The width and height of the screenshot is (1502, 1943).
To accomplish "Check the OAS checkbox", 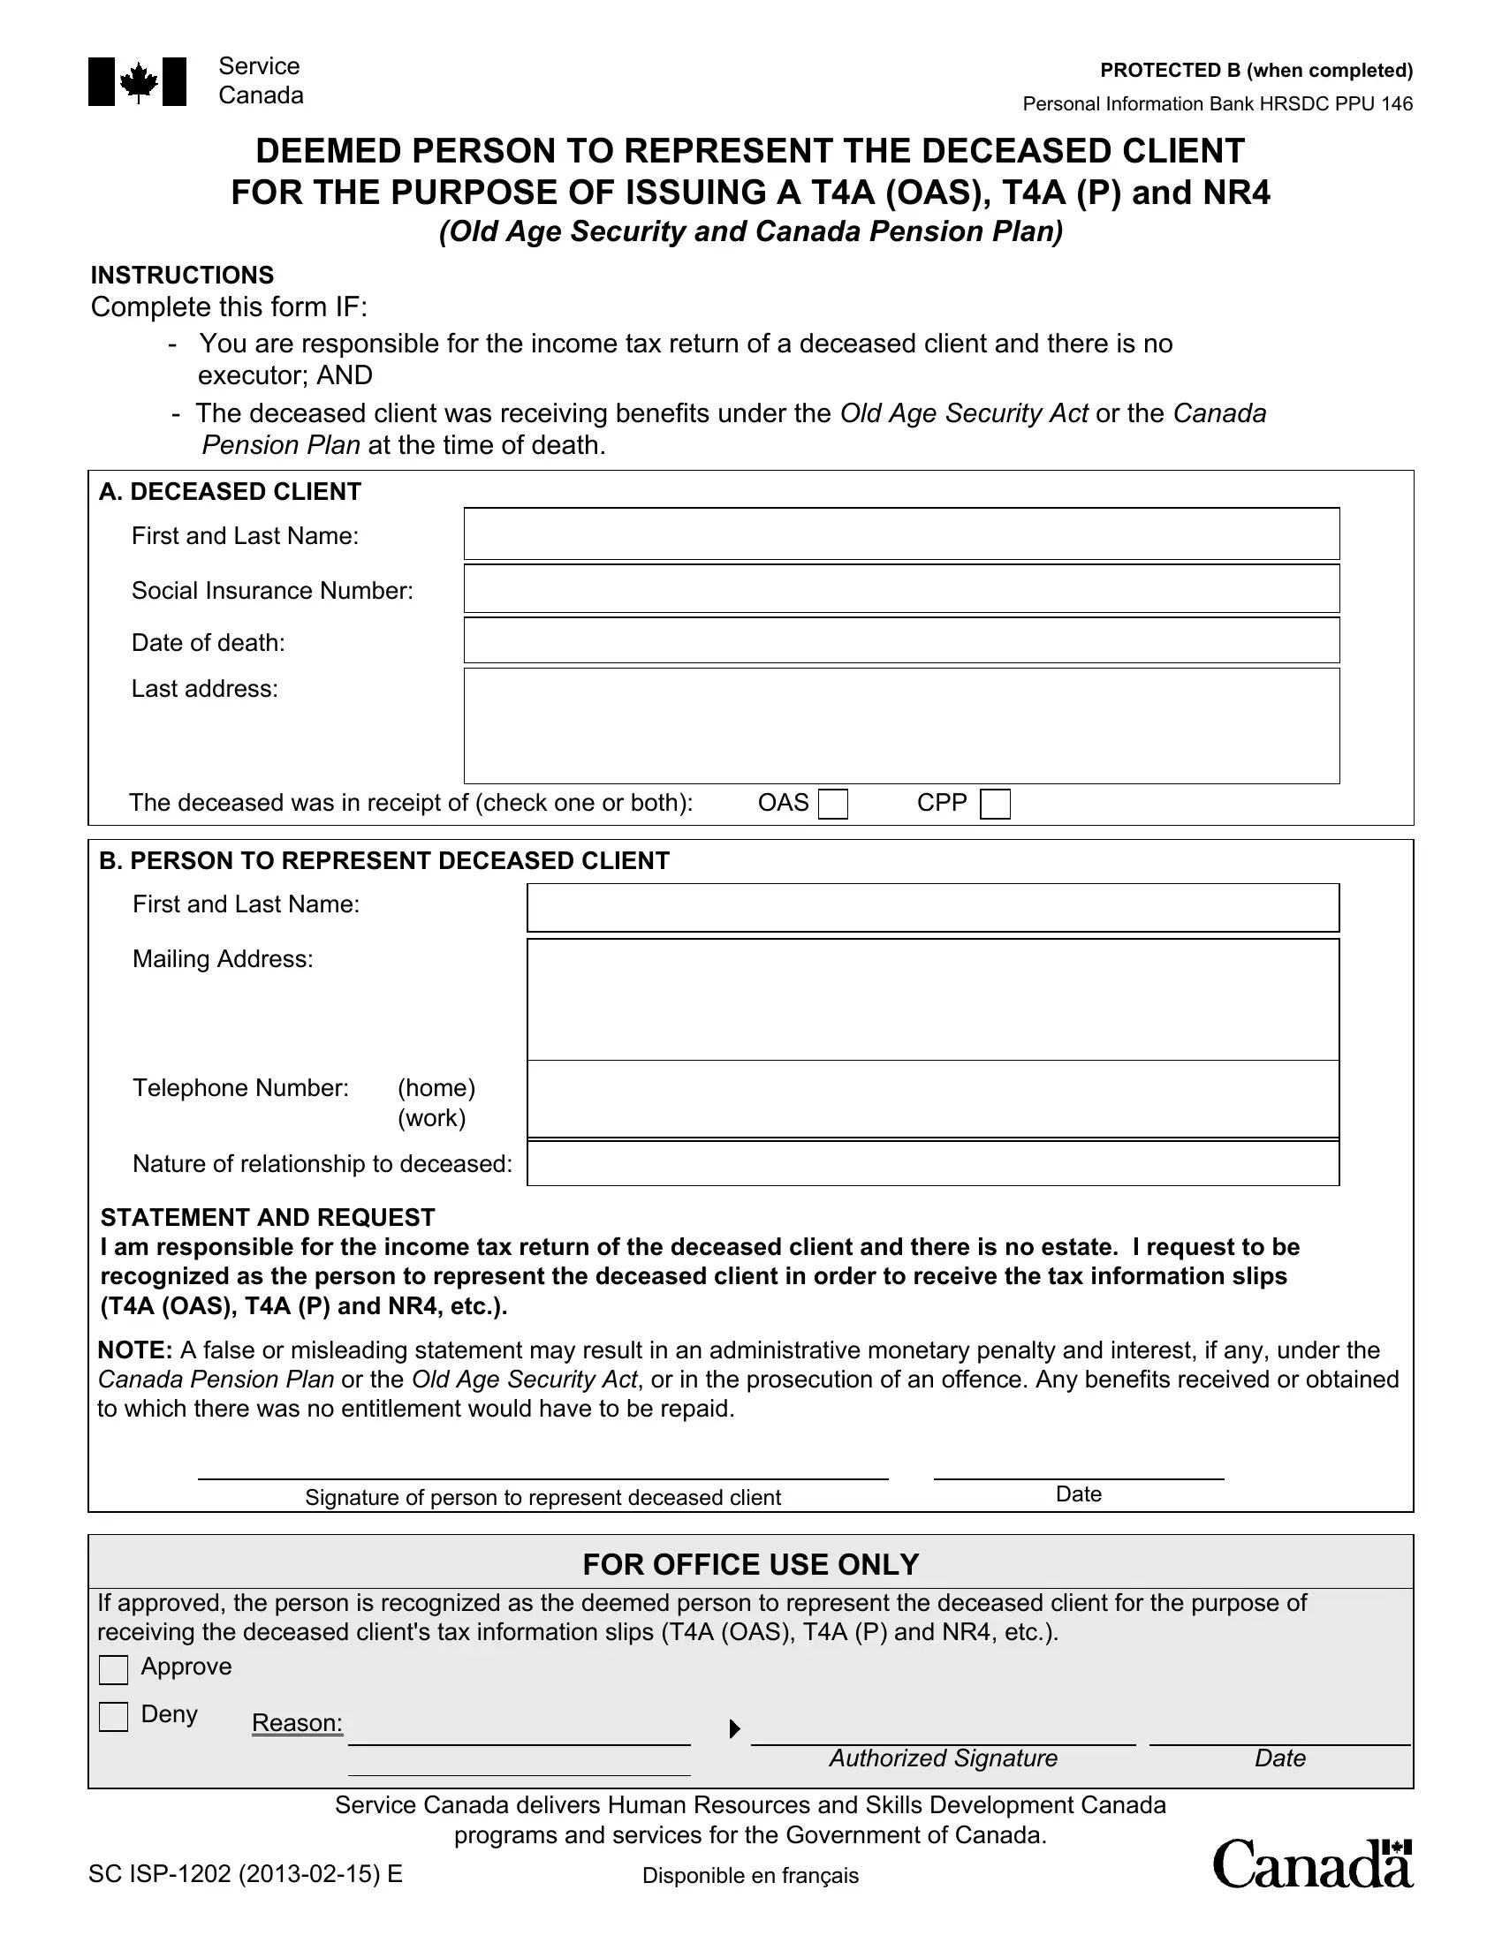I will point(833,805).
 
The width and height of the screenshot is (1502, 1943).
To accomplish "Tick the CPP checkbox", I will point(995,805).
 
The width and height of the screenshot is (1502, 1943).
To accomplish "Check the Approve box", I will point(114,1670).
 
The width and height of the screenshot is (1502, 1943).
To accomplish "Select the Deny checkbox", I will point(114,1717).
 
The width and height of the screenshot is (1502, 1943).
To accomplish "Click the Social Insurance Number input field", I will point(900,588).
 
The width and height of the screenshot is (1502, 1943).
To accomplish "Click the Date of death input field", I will point(900,640).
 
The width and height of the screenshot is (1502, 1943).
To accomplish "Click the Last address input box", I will point(900,725).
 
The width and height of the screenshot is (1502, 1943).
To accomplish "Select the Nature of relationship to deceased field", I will point(932,1163).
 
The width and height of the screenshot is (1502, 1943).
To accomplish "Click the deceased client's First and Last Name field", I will point(900,533).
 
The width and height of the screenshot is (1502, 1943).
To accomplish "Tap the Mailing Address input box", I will point(932,999).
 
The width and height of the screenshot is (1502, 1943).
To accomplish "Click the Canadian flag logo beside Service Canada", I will point(138,82).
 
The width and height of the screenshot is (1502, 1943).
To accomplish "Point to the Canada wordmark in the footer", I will point(1312,1864).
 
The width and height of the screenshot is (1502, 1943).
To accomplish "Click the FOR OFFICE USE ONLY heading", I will point(750,1565).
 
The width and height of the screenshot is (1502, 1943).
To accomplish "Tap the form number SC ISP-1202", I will point(245,1874).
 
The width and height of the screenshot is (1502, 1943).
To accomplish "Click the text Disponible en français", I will point(750,1876).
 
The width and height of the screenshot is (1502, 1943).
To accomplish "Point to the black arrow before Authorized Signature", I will point(734,1728).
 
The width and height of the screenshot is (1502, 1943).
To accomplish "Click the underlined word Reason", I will point(296,1723).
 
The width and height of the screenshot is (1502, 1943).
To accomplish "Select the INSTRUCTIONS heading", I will point(182,275).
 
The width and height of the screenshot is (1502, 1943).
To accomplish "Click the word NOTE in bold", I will point(134,1350).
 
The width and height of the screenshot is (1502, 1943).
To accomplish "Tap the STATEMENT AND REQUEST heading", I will point(267,1217).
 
